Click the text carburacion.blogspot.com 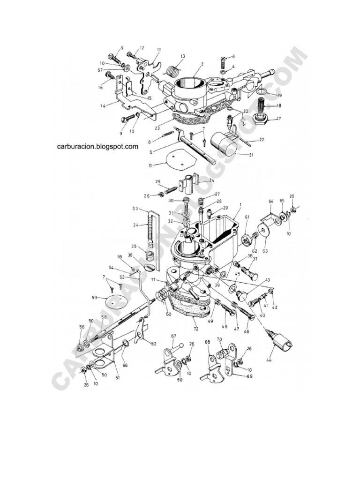[x=97, y=146]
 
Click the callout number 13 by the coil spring [x=182, y=56]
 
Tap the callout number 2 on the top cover [x=202, y=65]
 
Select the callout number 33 [x=135, y=209]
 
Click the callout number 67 [x=173, y=336]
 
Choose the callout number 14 [x=103, y=106]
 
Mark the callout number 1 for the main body [x=240, y=205]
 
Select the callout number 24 [x=211, y=180]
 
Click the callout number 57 [x=100, y=70]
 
